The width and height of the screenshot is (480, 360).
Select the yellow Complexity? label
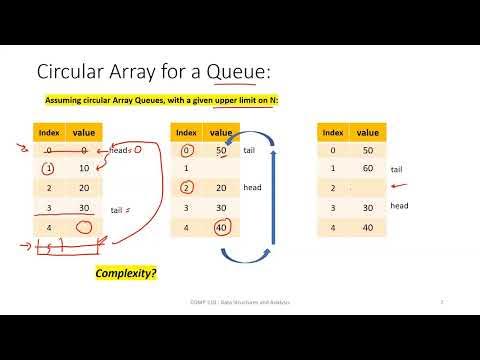(126, 272)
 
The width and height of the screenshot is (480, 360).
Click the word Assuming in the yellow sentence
(64, 101)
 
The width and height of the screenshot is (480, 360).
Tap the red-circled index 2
(186, 187)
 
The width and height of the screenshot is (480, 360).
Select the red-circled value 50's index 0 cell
(186, 150)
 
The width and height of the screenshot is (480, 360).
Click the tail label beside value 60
(397, 171)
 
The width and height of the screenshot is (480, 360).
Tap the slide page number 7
(442, 302)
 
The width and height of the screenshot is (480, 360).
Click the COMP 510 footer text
(239, 302)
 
